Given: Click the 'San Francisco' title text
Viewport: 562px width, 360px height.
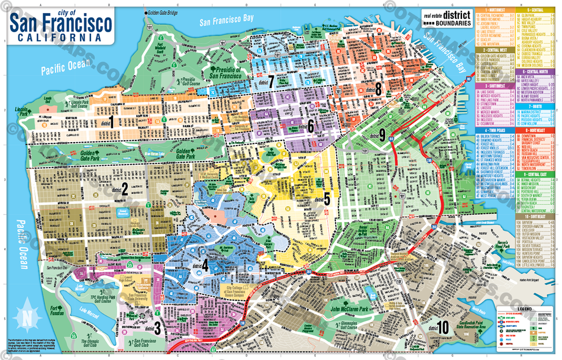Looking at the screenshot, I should (61, 24).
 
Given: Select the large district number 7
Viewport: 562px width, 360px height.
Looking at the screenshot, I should (270, 82).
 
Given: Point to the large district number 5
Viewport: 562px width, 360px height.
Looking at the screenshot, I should (326, 199).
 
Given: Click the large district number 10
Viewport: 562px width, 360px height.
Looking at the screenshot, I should (444, 326).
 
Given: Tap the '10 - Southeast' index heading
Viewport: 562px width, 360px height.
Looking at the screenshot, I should (533, 217).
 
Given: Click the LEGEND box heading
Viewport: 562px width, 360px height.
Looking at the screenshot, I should (522, 309).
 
